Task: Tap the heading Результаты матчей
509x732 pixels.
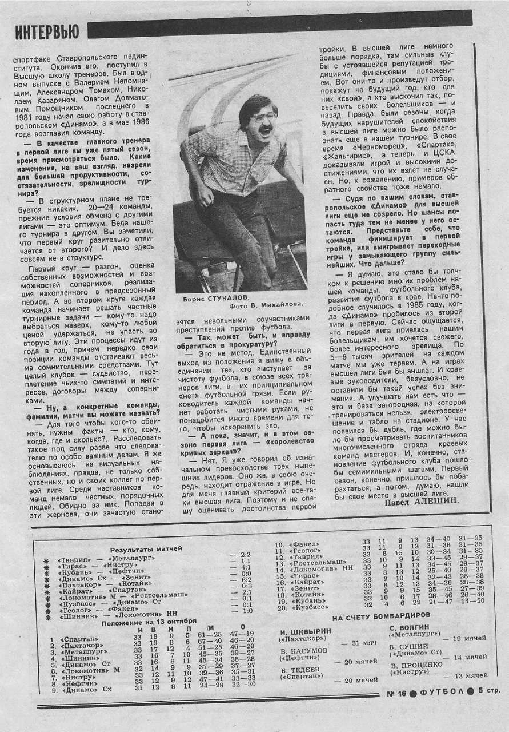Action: tap(146, 548)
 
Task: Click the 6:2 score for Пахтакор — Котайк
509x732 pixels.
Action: tap(246, 579)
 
